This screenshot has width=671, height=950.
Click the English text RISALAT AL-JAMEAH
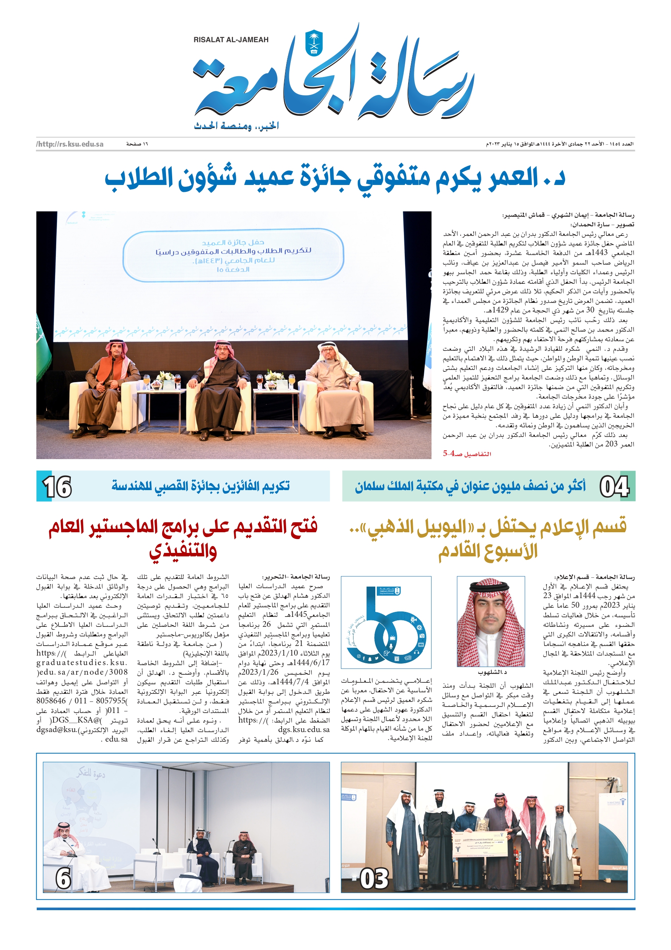[231, 40]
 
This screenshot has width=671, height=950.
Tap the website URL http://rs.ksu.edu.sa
[70, 144]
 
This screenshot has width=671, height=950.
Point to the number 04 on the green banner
[614, 487]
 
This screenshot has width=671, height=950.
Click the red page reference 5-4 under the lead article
[449, 453]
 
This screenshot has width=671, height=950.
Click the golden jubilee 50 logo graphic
[386, 622]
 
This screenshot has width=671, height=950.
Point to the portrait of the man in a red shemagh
[491, 621]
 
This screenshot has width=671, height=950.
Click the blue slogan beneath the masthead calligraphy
[236, 126]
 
